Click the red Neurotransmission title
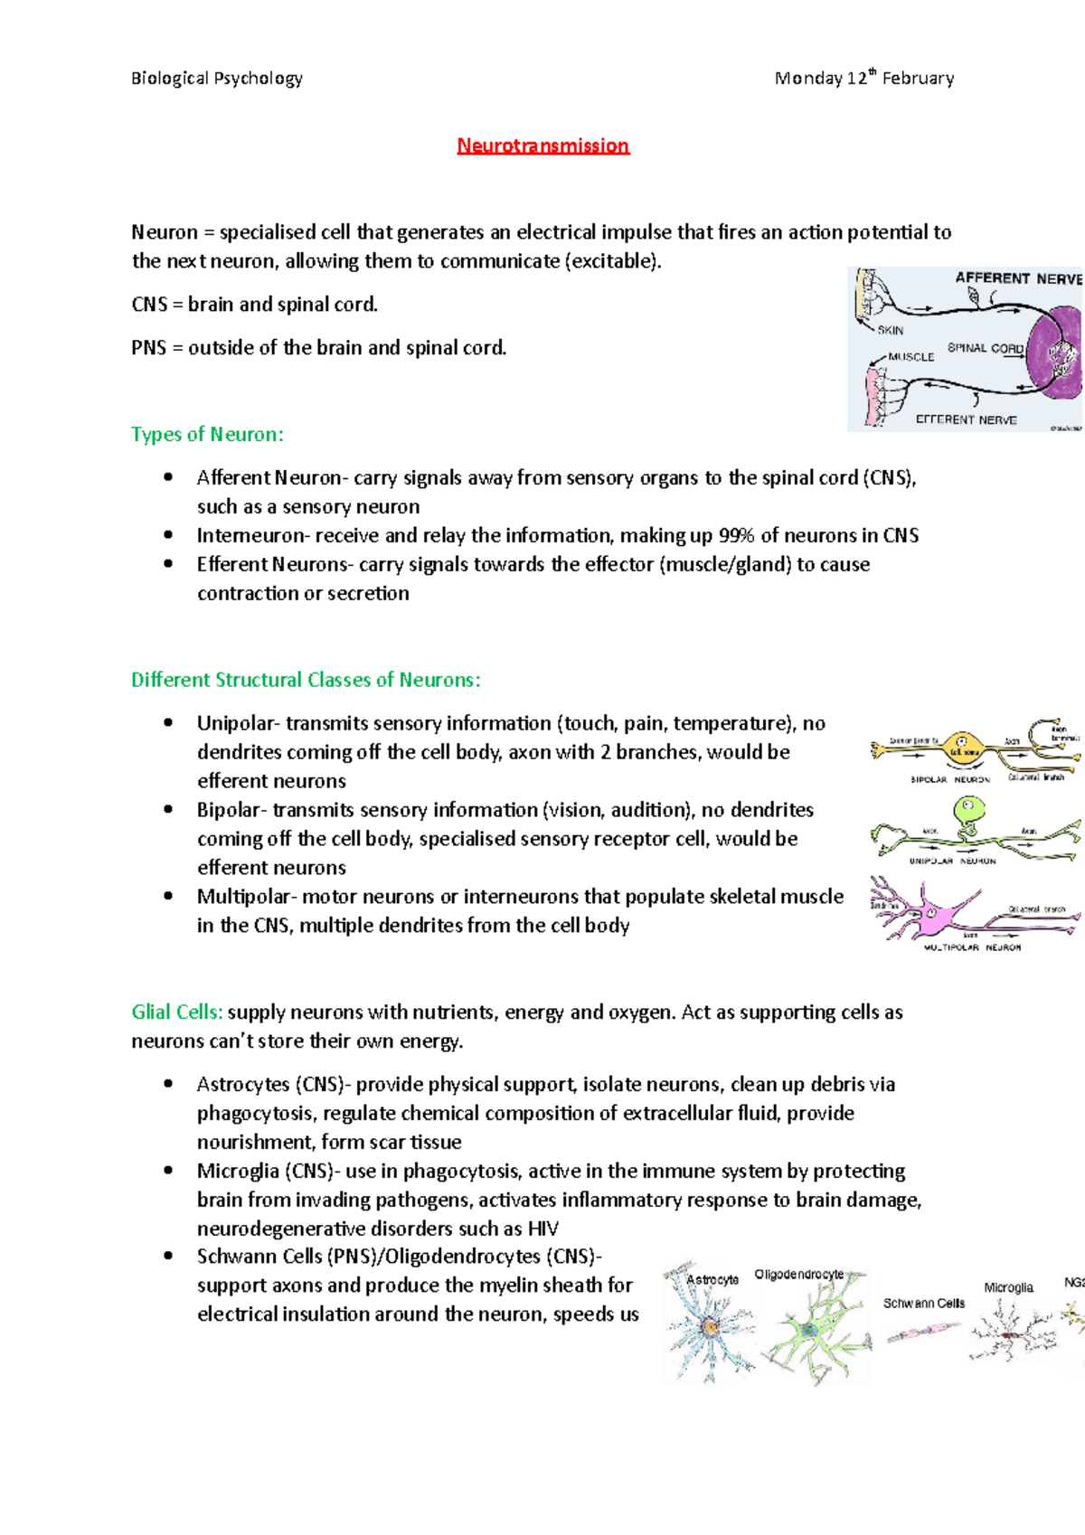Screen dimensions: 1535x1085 542,146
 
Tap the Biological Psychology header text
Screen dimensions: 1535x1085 217,79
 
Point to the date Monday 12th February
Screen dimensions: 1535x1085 863,79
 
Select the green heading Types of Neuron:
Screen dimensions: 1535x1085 207,435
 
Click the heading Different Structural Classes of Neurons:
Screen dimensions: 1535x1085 306,680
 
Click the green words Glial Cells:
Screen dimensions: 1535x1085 177,1012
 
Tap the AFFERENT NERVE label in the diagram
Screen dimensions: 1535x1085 1018,278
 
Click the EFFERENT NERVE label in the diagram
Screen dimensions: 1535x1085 966,420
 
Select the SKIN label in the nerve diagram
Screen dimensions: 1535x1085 890,331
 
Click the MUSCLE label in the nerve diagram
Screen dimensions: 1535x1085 910,357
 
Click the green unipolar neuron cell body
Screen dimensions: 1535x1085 968,808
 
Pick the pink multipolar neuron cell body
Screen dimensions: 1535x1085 931,917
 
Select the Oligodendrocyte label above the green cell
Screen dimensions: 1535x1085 798,1275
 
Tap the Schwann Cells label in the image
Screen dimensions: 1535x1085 923,1304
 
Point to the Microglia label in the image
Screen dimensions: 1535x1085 1008,1287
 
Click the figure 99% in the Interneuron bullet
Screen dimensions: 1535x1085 737,536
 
